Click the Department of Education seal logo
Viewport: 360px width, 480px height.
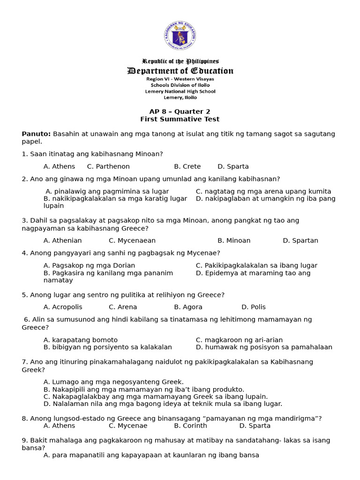click(x=180, y=36)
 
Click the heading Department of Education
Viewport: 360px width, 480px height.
click(x=180, y=71)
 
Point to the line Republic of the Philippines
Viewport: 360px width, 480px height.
click(x=180, y=61)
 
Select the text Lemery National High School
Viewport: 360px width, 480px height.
click(x=180, y=91)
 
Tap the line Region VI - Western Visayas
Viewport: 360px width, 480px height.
click(x=180, y=79)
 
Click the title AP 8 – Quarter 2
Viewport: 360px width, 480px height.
click(x=180, y=112)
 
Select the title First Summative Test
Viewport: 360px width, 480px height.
click(x=180, y=120)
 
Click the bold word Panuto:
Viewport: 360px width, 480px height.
click(x=36, y=134)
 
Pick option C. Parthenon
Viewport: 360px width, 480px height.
click(x=108, y=166)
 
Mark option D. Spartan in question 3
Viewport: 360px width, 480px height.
click(x=300, y=240)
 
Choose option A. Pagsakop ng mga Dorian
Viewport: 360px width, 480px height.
click(x=89, y=265)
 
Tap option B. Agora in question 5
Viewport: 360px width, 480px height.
click(x=188, y=307)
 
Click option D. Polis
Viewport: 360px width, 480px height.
click(x=253, y=307)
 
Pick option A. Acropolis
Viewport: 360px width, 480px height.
click(x=63, y=307)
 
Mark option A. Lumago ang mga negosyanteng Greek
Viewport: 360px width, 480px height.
click(x=113, y=382)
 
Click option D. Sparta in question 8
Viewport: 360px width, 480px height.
click(x=255, y=426)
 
